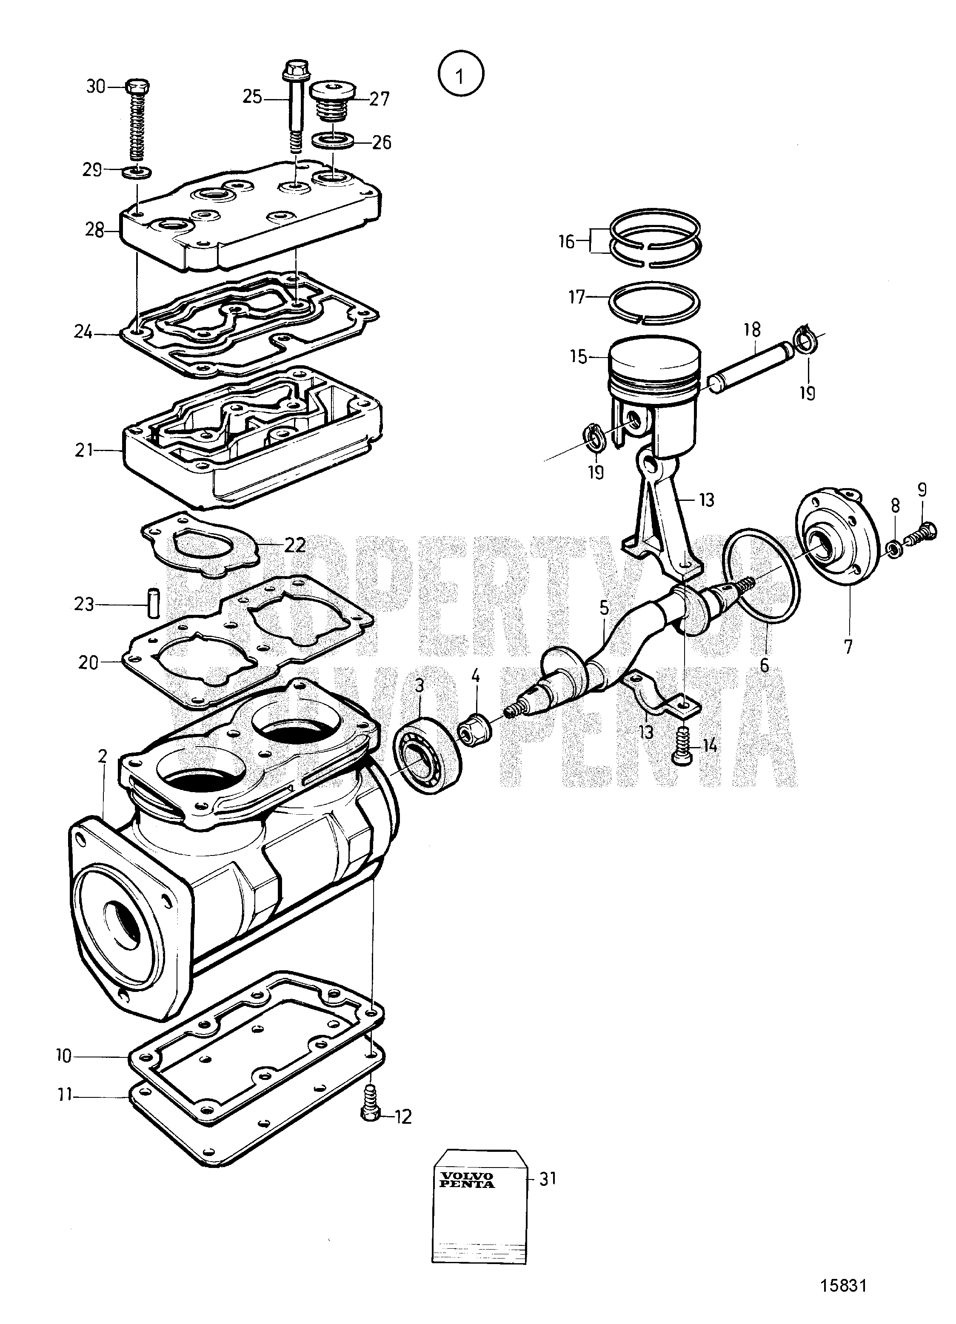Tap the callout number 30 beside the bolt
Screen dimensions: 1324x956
click(x=96, y=86)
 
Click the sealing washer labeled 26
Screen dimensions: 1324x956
click(x=332, y=141)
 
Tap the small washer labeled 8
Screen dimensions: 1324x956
click(x=893, y=549)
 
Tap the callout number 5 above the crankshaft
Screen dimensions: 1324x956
click(x=603, y=608)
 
